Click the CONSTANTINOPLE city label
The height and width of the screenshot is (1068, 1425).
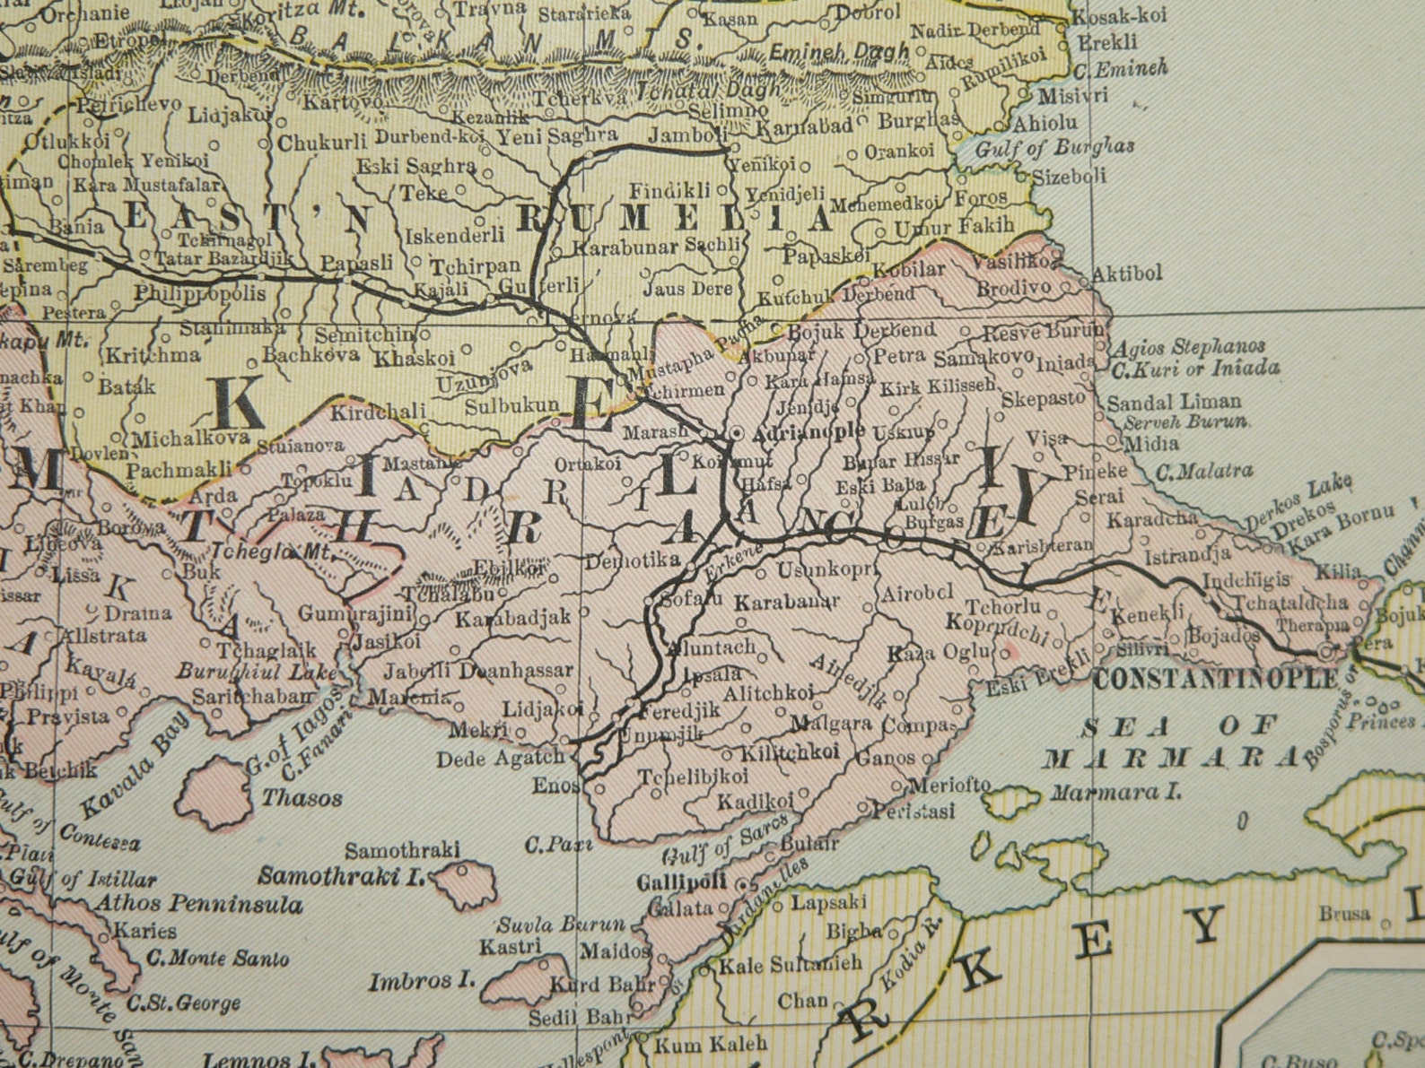(x=1215, y=679)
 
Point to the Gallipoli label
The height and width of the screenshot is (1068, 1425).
(x=681, y=882)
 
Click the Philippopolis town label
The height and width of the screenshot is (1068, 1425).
(x=200, y=293)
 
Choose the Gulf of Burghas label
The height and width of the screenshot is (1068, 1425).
(x=1054, y=147)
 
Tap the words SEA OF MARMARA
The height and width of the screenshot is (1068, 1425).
(x=1170, y=741)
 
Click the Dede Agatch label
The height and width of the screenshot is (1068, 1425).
(x=501, y=760)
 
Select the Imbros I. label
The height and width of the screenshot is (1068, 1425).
(x=421, y=981)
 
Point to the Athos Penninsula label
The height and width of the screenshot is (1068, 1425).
(x=198, y=904)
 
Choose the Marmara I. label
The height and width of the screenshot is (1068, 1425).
(x=1115, y=793)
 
